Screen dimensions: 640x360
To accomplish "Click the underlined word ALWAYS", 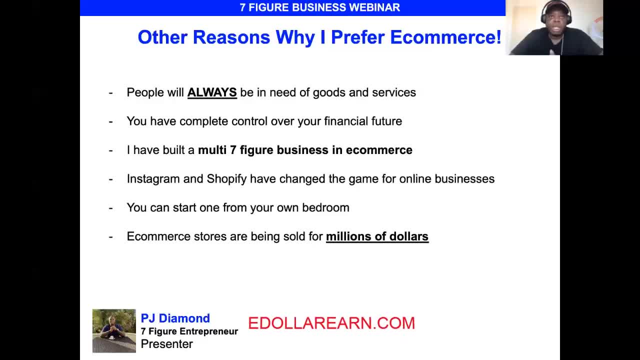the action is pyautogui.click(x=212, y=92).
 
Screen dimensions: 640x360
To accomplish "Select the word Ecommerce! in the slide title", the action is pyautogui.click(x=445, y=37).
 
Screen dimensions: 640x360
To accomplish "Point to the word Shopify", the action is pyautogui.click(x=226, y=179).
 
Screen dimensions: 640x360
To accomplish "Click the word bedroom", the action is pyautogui.click(x=325, y=207).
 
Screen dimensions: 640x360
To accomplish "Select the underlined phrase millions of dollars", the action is pyautogui.click(x=377, y=236).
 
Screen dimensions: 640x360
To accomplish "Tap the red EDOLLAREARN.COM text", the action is pyautogui.click(x=331, y=323).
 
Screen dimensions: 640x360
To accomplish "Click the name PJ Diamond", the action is pyautogui.click(x=175, y=318).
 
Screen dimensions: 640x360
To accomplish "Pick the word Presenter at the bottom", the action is pyautogui.click(x=167, y=344).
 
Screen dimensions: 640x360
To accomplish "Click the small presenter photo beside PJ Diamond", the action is pyautogui.click(x=114, y=331).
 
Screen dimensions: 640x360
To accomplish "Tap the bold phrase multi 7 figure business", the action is pyautogui.click(x=263, y=150).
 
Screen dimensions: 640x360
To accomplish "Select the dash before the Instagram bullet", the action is pyautogui.click(x=111, y=179).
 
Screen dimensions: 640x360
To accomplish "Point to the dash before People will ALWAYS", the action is pyautogui.click(x=111, y=93).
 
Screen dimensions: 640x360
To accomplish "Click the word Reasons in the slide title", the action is pyautogui.click(x=231, y=37).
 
